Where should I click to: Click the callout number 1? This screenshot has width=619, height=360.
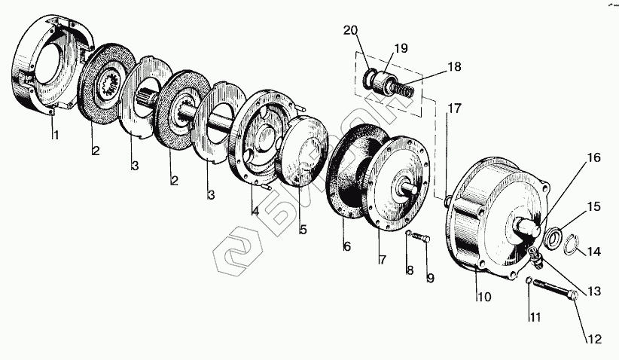(x=54, y=136)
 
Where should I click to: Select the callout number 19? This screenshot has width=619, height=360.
(x=401, y=49)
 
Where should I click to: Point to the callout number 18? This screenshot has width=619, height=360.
(x=454, y=67)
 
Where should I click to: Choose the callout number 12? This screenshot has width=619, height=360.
(x=595, y=339)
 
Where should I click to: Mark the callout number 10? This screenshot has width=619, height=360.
(x=483, y=297)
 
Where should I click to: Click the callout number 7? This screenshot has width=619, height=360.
(x=382, y=260)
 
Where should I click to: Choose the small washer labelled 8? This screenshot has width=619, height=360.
(x=407, y=234)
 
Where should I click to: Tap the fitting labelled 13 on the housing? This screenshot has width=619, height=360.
(x=535, y=258)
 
